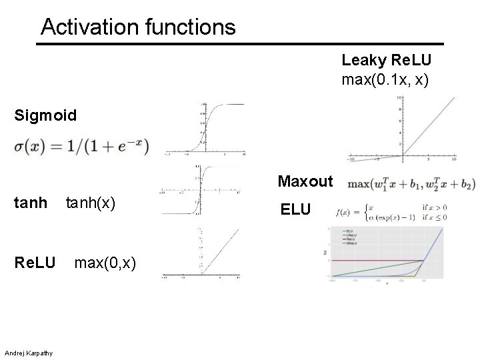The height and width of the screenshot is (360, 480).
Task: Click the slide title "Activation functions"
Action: [138, 27]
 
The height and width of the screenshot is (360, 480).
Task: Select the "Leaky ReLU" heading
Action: [387, 60]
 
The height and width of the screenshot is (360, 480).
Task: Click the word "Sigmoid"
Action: [45, 115]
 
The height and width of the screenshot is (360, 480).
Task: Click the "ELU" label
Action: [295, 210]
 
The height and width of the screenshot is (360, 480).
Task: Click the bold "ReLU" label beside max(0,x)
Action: [35, 265]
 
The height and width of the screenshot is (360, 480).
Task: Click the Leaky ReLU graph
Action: [403, 131]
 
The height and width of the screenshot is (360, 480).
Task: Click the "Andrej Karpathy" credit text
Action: [31, 352]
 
